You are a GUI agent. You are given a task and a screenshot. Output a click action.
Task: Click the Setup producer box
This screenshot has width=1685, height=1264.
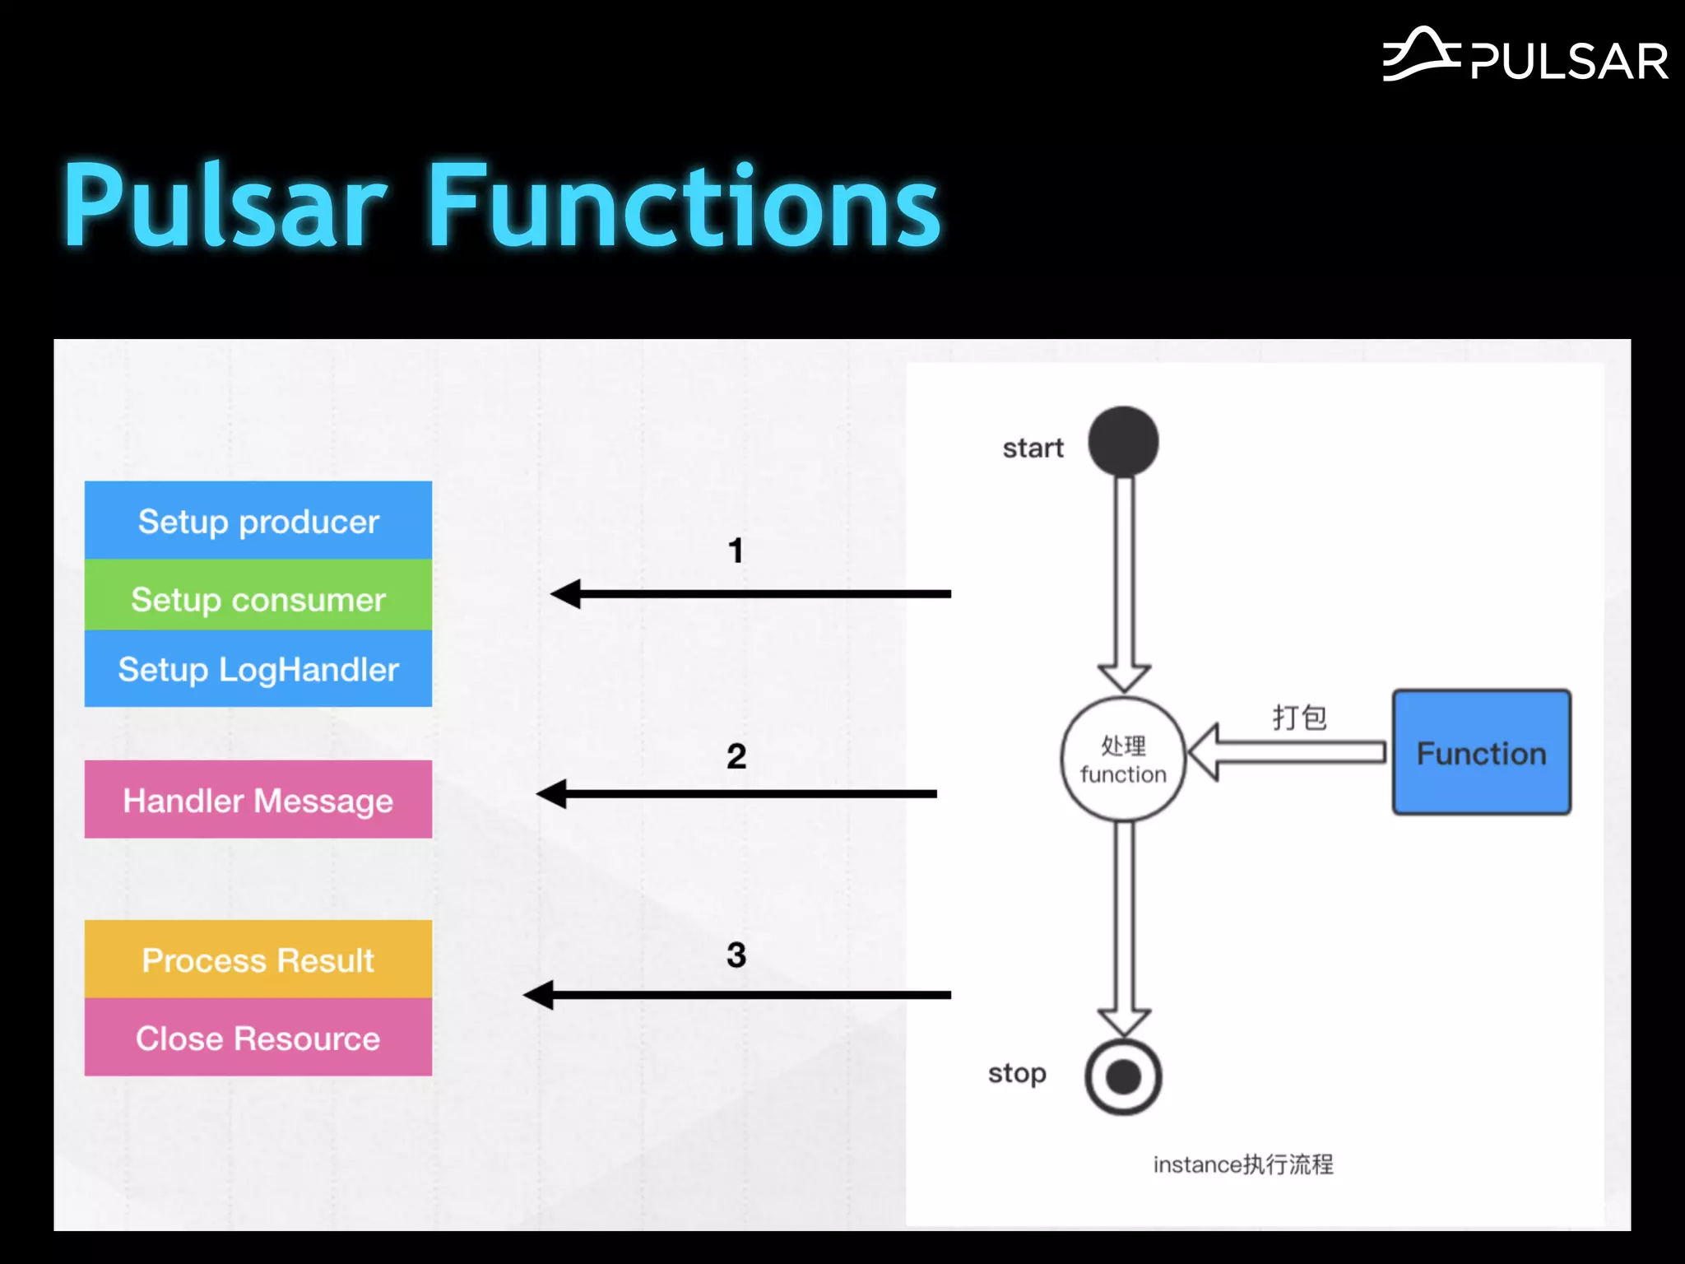[258, 521]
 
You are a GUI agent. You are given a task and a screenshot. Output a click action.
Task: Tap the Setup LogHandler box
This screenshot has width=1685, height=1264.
[258, 669]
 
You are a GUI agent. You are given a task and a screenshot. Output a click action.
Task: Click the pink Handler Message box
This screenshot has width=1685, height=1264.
[258, 799]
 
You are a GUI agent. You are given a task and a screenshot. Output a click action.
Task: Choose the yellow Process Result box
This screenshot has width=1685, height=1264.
[258, 960]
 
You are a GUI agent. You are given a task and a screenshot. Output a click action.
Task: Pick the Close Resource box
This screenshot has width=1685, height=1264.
[258, 1038]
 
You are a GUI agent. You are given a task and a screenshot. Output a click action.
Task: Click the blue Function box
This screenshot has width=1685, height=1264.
[1481, 752]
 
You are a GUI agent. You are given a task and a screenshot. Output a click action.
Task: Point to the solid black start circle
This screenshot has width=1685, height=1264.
[1123, 442]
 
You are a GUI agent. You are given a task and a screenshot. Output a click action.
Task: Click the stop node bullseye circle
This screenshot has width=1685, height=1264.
[1123, 1076]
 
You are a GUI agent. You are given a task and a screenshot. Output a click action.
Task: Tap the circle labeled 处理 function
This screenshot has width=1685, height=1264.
[1123, 759]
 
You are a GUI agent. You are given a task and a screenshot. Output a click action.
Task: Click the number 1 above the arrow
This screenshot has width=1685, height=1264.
[736, 551]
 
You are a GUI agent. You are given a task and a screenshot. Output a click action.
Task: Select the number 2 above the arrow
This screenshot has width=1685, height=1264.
[736, 755]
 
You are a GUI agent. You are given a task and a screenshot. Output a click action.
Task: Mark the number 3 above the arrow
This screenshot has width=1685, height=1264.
[736, 955]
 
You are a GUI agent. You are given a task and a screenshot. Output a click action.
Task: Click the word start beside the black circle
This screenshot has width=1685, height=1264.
[1033, 448]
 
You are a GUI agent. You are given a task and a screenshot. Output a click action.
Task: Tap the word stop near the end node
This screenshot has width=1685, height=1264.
[1017, 1074]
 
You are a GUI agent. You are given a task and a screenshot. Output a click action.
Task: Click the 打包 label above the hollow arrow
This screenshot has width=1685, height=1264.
[1299, 717]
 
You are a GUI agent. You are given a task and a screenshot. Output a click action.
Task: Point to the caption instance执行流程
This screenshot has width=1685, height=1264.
[1242, 1164]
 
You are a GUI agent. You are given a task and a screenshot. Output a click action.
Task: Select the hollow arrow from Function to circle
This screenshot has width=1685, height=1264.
[1288, 751]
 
